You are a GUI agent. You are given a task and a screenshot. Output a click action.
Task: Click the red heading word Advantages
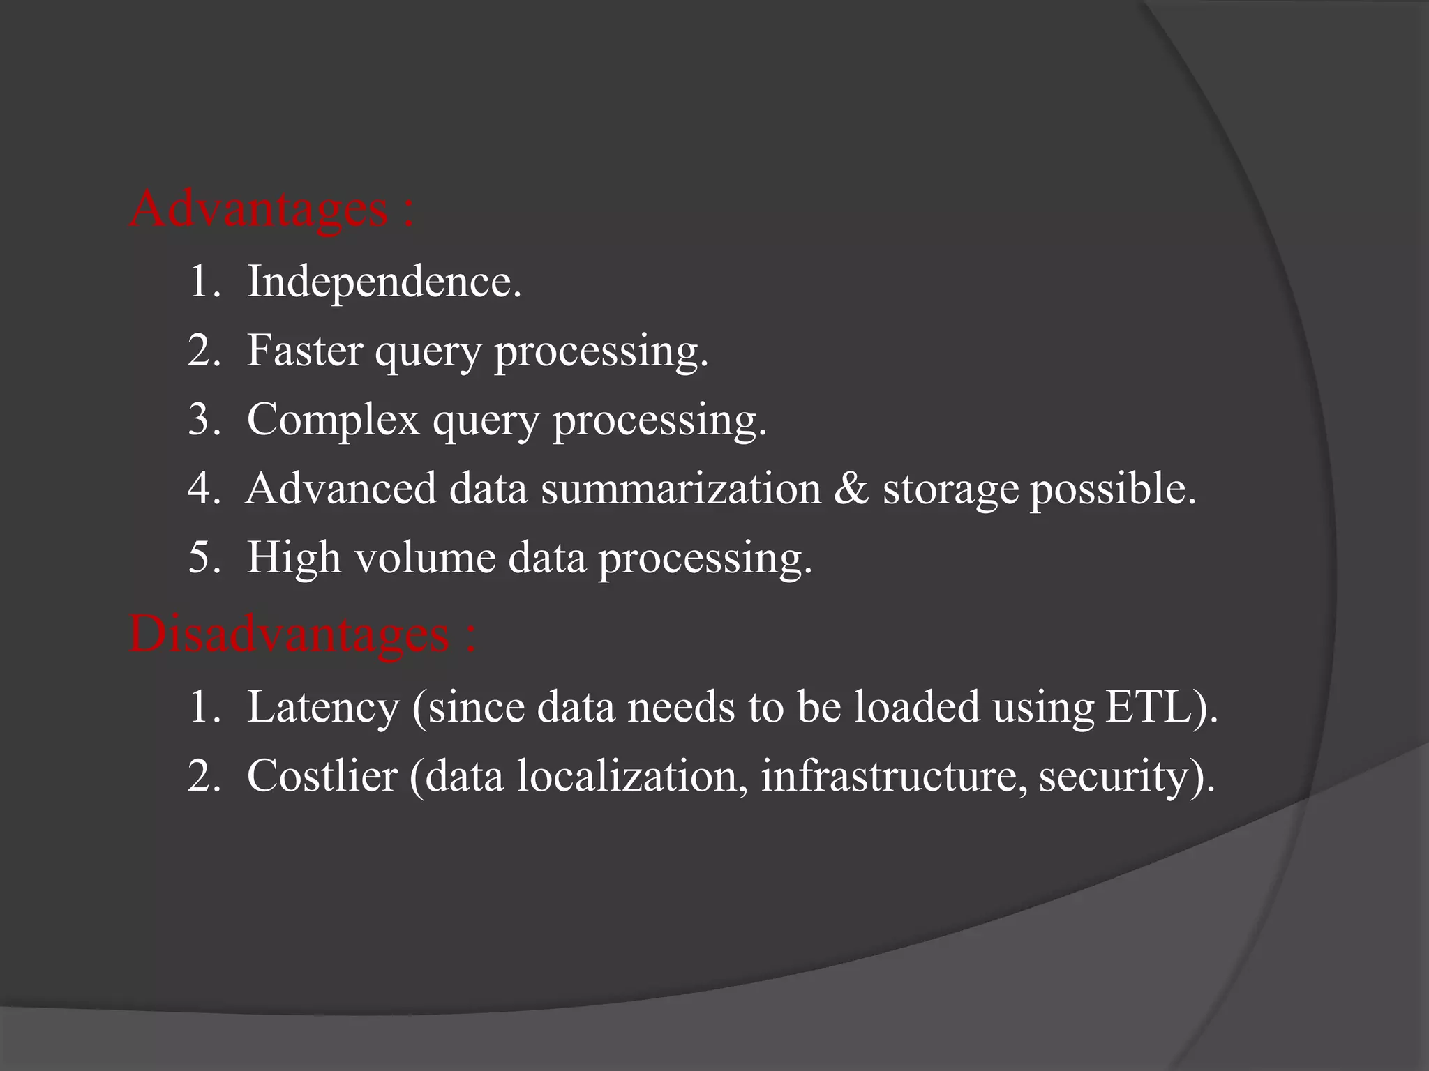258,209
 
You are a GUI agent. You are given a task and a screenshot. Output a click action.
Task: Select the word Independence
384,282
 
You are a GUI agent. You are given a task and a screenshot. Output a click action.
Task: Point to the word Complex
333,420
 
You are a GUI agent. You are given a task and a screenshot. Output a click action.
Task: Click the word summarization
681,489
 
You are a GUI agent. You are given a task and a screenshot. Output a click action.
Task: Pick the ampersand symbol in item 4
851,489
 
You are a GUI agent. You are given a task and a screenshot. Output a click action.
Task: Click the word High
294,559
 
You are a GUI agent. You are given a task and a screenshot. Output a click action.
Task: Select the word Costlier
322,775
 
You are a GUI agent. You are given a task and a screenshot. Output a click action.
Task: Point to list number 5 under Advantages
203,559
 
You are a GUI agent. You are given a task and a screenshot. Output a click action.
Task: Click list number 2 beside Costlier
203,775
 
